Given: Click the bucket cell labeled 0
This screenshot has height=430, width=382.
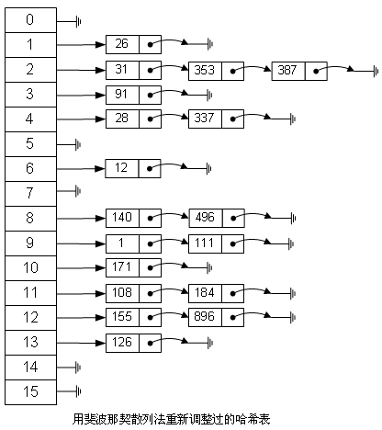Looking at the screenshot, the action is [x=30, y=20].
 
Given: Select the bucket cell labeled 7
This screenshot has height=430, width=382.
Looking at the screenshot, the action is [x=30, y=194].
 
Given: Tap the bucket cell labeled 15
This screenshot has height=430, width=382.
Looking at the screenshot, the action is [x=30, y=392].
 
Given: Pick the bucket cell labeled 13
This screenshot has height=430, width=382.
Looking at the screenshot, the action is [x=30, y=343].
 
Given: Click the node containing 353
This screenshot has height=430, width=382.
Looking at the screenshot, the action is [x=216, y=71].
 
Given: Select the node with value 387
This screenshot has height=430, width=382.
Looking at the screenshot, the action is [x=299, y=71].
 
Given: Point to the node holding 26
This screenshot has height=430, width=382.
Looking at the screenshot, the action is [x=133, y=45].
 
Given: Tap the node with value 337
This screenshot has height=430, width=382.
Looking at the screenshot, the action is [x=216, y=119].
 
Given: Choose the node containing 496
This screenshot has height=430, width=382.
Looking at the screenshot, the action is [x=217, y=218].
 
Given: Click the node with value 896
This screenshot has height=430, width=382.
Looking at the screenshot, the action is [x=216, y=317].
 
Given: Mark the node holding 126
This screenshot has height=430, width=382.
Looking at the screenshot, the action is [x=133, y=343].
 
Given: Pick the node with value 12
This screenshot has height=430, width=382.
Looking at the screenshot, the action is [x=133, y=168].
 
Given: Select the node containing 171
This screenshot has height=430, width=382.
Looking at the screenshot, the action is [x=133, y=267].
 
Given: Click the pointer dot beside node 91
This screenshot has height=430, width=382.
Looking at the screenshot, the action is [x=150, y=96].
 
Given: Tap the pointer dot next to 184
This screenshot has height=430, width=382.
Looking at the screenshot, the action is [x=233, y=294].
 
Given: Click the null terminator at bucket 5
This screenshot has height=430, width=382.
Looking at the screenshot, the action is [x=78, y=144].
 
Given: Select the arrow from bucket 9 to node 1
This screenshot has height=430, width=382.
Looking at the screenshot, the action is [x=81, y=244].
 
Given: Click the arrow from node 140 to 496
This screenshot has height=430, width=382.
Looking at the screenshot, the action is [x=169, y=214].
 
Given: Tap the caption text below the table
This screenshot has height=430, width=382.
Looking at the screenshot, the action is [x=172, y=419].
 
